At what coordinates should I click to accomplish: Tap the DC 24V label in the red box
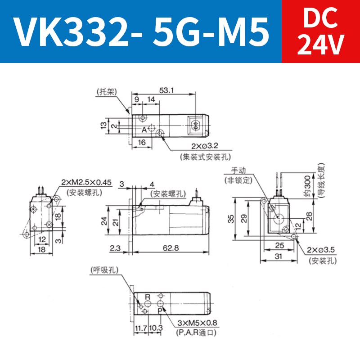click(320, 31)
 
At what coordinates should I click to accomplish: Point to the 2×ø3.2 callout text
click(205, 147)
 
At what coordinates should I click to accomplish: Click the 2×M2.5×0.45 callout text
click(86, 182)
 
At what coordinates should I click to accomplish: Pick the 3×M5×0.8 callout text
click(196, 323)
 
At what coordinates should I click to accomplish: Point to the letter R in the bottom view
click(148, 297)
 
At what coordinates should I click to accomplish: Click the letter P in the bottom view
click(160, 310)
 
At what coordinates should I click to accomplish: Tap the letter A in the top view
click(144, 130)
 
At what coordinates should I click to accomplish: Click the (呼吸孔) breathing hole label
click(104, 270)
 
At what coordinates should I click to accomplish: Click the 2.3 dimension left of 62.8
click(115, 247)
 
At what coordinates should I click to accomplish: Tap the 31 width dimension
click(279, 256)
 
